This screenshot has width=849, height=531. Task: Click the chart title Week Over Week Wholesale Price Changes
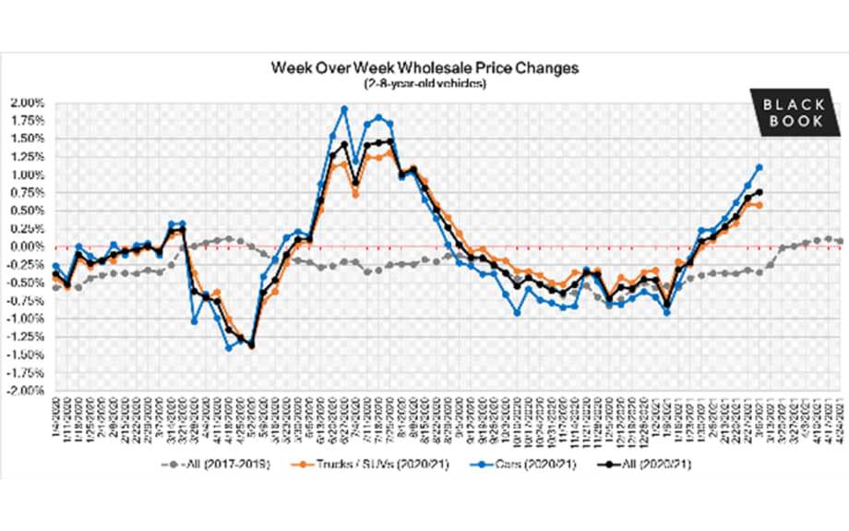click(424, 68)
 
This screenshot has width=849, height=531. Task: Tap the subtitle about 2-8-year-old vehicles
click(424, 83)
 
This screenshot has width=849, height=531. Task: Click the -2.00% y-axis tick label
click(27, 391)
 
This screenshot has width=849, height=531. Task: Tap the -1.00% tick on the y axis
click(27, 319)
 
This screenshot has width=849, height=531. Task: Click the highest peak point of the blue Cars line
click(344, 109)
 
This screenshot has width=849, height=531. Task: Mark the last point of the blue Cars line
click(759, 167)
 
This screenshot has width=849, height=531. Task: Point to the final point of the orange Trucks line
click(759, 205)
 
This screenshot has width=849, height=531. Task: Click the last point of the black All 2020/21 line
click(759, 192)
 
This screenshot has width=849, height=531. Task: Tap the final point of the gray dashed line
click(839, 241)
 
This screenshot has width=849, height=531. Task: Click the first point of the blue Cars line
click(55, 266)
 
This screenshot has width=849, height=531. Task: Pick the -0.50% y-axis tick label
click(27, 283)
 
